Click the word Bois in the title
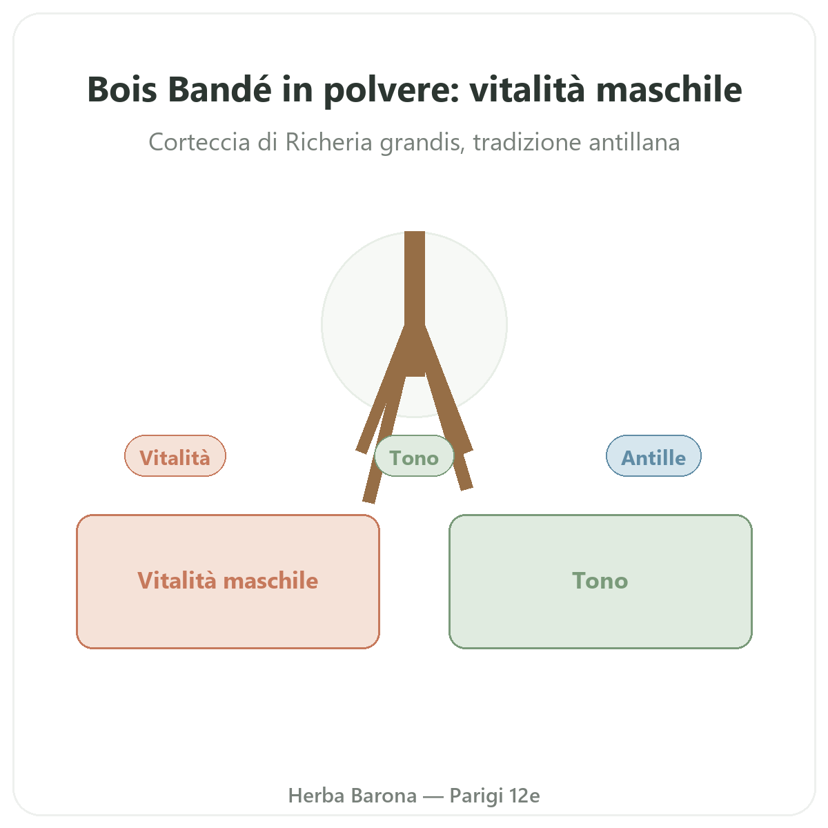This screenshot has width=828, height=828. (122, 90)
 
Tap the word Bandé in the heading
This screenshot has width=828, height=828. (219, 90)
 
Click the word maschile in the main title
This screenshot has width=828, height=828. (669, 90)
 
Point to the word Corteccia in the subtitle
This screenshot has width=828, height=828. (199, 142)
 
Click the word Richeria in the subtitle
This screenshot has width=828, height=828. (328, 142)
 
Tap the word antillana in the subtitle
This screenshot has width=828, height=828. (634, 142)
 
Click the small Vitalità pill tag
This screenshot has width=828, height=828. (175, 455)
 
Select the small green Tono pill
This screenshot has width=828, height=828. (414, 455)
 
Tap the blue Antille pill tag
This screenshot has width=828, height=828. (653, 455)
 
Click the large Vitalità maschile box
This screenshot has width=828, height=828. (228, 581)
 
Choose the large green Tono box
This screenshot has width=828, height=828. (600, 581)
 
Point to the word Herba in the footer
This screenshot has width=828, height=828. (316, 796)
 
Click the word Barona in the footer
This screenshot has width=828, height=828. (384, 796)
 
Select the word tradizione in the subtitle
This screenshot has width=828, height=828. (526, 142)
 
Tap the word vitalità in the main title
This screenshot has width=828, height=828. (527, 90)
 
